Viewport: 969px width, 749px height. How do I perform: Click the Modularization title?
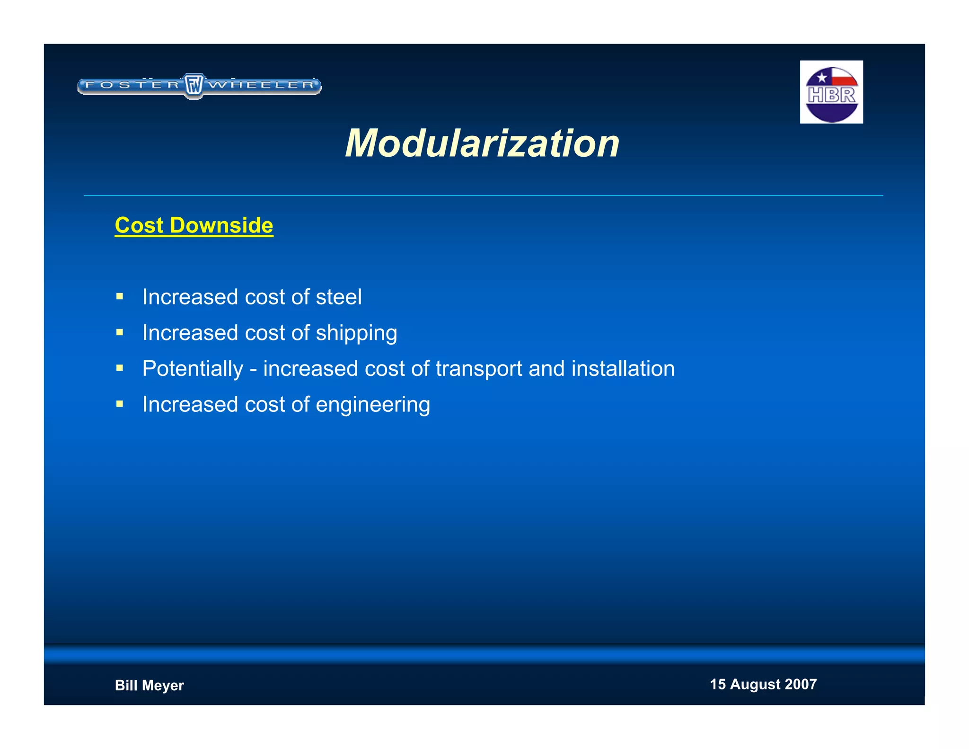click(482, 143)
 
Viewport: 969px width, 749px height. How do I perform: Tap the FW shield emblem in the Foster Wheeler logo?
click(194, 86)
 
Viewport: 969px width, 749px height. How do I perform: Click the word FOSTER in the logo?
click(133, 85)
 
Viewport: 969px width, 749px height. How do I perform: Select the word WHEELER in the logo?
click(262, 85)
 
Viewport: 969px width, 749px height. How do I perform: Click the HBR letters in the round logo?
click(831, 95)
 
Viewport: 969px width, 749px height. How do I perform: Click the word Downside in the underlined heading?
click(221, 225)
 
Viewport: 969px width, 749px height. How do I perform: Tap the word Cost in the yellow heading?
click(139, 225)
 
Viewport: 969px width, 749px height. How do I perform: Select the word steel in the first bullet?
click(338, 297)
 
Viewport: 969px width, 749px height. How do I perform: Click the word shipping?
click(356, 333)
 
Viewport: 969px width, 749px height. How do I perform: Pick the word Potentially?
click(193, 369)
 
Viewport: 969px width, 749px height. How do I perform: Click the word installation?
click(623, 369)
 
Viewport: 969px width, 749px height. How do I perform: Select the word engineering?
click(373, 405)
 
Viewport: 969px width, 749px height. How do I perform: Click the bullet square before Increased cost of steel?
click(120, 297)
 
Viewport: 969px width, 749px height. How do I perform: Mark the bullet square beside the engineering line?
click(120, 404)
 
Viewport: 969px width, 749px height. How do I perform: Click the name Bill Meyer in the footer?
click(149, 685)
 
